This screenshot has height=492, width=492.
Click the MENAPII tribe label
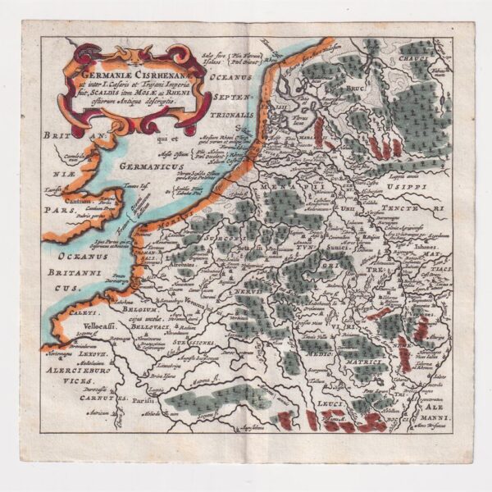[277, 187]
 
